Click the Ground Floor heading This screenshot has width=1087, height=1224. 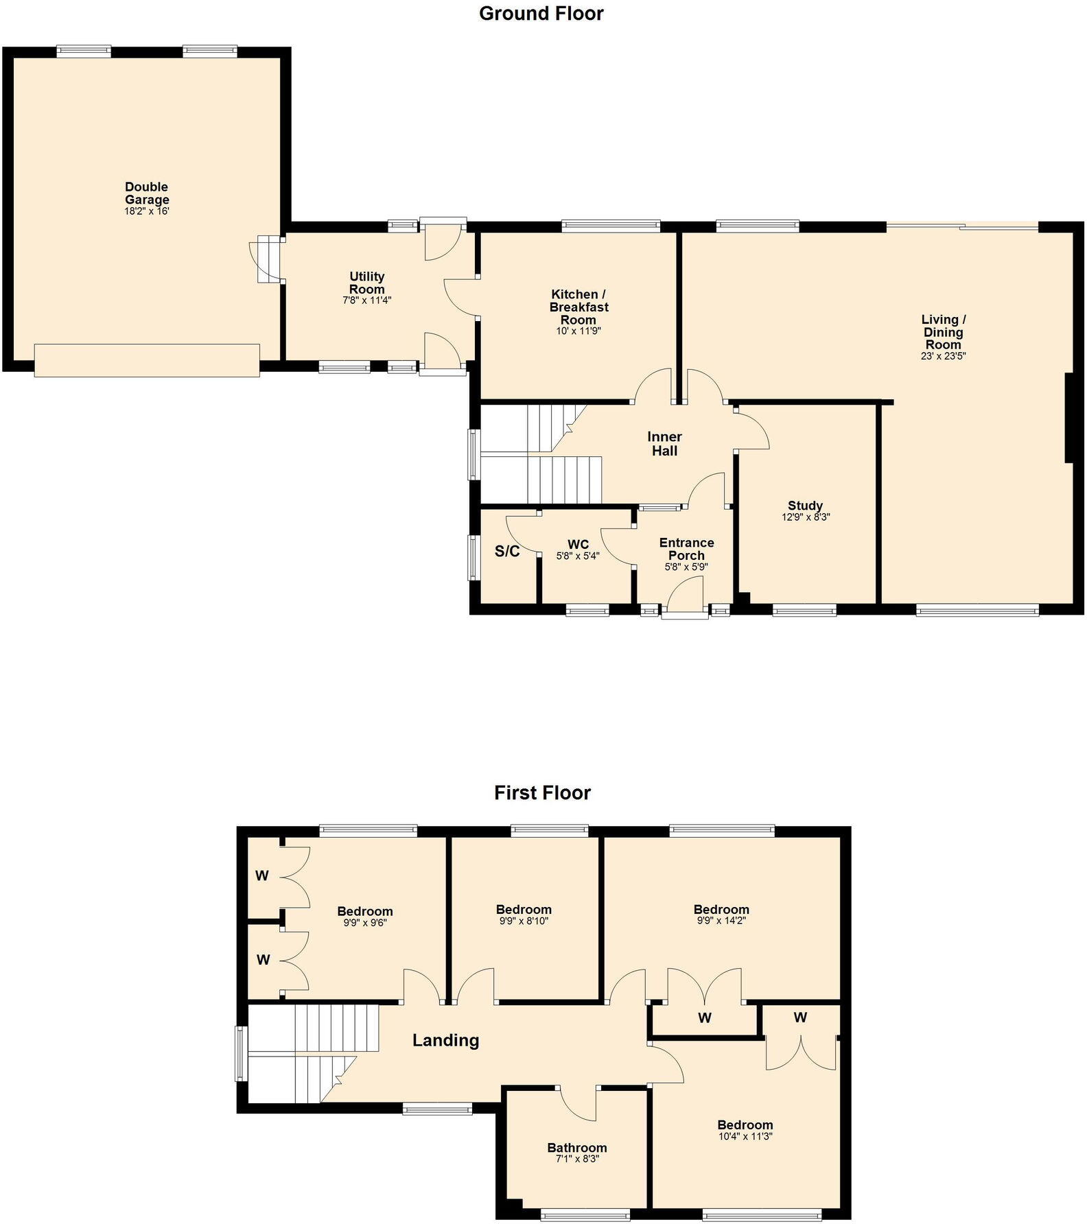click(541, 14)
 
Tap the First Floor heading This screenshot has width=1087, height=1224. click(542, 792)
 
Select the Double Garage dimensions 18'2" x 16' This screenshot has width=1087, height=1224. click(146, 212)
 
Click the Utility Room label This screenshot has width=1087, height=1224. click(366, 282)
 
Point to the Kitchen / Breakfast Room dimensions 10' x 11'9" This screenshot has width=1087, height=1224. click(578, 331)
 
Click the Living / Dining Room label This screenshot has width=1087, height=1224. click(943, 332)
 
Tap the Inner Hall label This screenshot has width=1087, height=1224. click(664, 444)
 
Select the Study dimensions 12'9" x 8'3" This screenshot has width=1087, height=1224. click(806, 518)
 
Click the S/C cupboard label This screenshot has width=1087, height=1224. click(507, 552)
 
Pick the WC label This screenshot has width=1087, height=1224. click(578, 545)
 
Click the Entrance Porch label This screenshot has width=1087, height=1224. click(686, 549)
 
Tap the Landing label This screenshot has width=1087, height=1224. click(445, 1040)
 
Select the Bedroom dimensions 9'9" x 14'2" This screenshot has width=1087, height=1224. click(721, 921)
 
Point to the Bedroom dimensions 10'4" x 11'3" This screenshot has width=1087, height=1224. click(745, 1136)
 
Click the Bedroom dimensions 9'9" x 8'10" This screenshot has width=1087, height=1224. click(524, 921)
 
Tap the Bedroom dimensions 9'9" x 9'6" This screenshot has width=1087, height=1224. click(364, 923)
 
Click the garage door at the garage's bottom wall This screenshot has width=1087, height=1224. click(147, 360)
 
